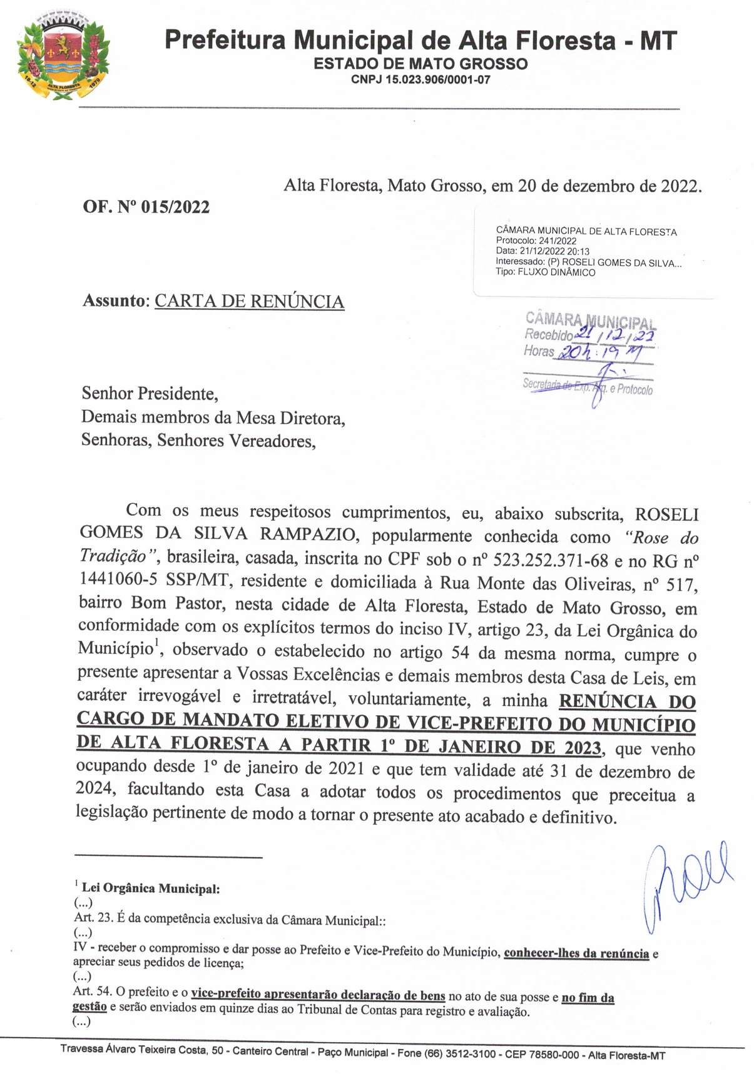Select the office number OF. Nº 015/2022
146,207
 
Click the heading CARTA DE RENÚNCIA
249,301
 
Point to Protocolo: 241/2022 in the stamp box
536,241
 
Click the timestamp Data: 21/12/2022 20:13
543,252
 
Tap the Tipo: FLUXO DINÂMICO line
545,273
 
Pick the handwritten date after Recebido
616,335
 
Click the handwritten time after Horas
600,353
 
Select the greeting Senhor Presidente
150,394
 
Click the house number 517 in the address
680,585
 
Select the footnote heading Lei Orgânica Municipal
151,888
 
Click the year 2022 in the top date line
680,186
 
